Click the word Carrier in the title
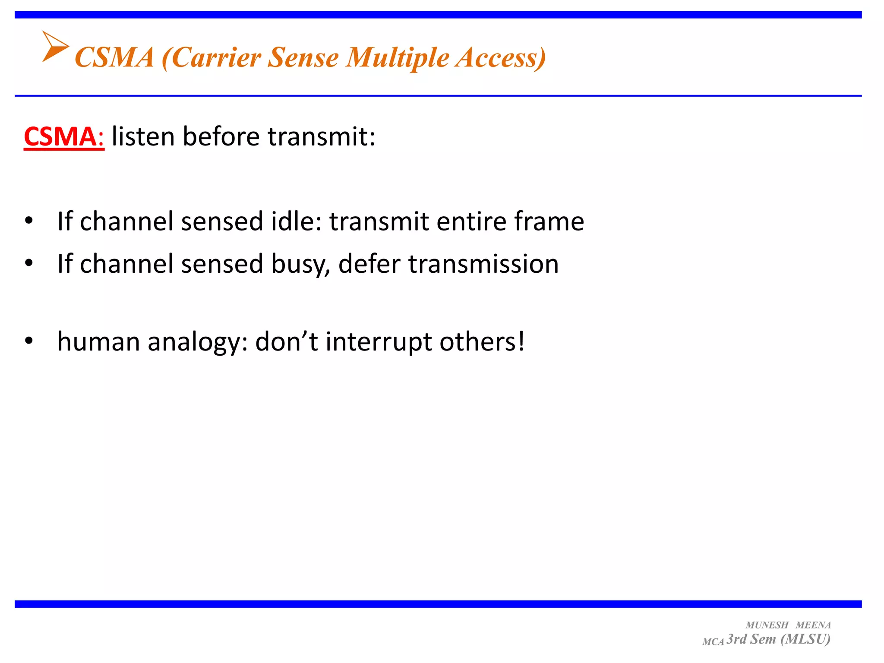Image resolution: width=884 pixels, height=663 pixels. pos(216,57)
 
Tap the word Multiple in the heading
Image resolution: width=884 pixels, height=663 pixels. pos(397,57)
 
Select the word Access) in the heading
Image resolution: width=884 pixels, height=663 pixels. pos(501,57)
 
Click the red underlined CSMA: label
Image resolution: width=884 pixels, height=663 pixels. pos(64,137)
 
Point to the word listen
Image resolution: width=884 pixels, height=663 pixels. pos(143,137)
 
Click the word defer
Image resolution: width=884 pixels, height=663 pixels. pos(369,264)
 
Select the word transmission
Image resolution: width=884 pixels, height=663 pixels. pos(483,264)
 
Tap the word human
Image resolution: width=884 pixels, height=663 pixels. pos(99,342)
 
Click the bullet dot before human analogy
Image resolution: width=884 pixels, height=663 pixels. pos(29,341)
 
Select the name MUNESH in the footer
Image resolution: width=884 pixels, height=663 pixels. pos(767,625)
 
